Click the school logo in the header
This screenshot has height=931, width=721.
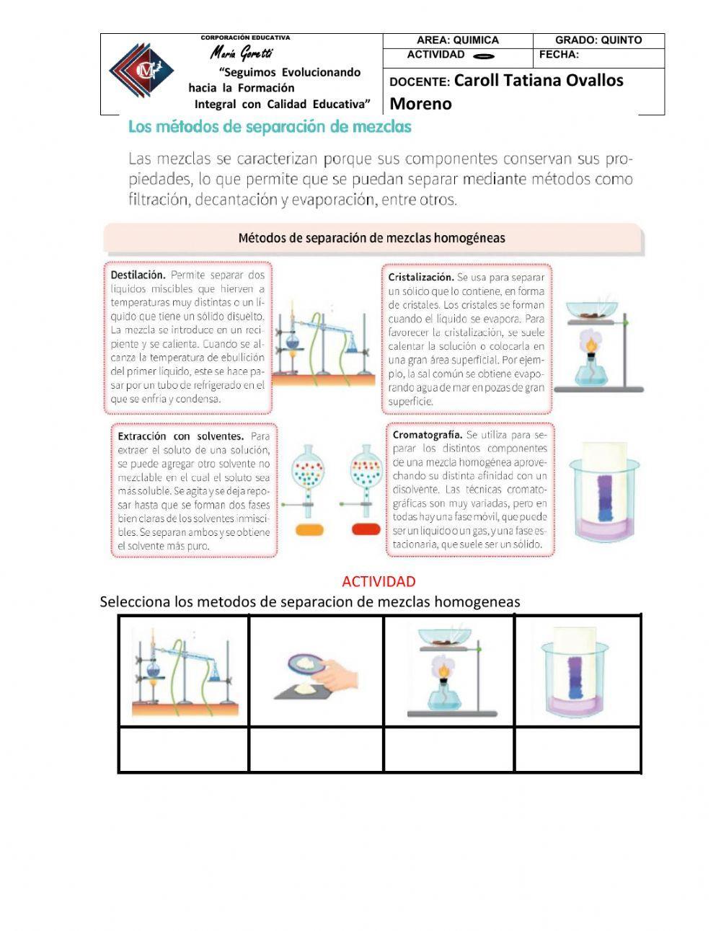click(141, 71)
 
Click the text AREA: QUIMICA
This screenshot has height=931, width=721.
click(457, 40)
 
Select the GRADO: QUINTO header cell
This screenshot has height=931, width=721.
click(598, 40)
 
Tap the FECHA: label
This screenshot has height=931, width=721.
click(559, 55)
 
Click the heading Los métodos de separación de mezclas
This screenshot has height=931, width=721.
click(270, 127)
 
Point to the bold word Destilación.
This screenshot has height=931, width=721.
click(138, 275)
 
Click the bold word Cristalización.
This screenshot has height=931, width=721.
click(420, 277)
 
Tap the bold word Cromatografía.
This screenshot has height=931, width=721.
click(427, 435)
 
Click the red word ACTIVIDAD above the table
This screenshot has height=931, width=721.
click(379, 581)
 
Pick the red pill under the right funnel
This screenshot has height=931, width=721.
click(366, 530)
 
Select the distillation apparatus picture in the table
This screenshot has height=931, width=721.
click(185, 671)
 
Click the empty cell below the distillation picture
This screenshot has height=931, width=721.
click(185, 750)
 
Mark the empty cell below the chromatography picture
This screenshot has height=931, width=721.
click(578, 750)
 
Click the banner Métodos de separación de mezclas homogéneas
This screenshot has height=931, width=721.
click(371, 237)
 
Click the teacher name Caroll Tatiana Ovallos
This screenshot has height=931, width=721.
click(539, 81)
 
